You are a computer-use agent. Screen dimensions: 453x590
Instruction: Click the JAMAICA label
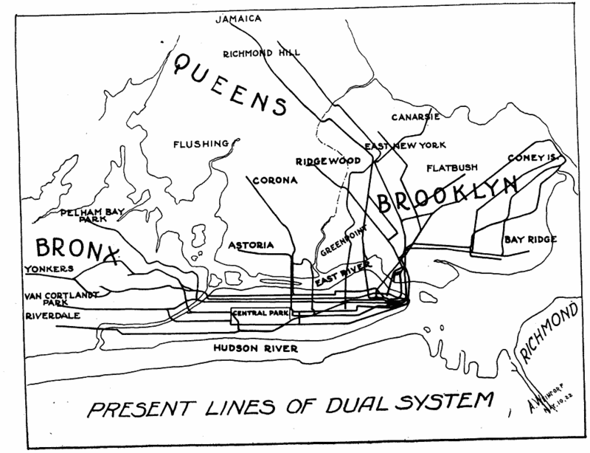coord(238,18)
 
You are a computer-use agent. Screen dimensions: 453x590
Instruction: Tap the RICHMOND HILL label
coord(257,53)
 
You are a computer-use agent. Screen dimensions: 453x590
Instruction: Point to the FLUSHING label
coord(201,144)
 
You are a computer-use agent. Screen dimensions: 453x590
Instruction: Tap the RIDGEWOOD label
coord(327,160)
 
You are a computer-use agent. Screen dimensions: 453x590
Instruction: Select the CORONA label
coord(274,180)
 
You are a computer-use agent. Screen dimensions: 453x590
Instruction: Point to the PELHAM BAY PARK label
coord(90,215)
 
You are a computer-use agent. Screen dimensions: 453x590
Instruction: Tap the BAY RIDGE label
coord(530,239)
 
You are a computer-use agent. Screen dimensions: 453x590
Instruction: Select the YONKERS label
coord(49,269)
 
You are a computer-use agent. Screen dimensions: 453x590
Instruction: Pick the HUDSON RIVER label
coord(255,348)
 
